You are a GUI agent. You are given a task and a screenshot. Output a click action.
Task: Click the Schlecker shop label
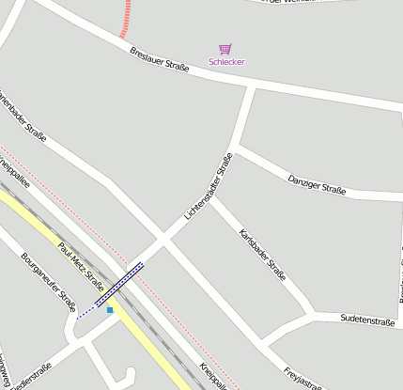click(225, 63)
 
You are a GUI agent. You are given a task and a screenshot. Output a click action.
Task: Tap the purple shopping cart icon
click(225, 48)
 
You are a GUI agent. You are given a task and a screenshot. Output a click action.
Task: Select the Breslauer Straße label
click(160, 58)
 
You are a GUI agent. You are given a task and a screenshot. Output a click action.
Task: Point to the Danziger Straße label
click(317, 183)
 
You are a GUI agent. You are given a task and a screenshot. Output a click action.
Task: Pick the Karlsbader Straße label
click(263, 255)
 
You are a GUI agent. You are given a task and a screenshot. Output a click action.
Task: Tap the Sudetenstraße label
click(367, 320)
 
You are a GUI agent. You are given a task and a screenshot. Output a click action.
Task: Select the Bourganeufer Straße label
click(47, 281)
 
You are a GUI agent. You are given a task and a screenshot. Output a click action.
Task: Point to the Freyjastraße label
click(302, 377)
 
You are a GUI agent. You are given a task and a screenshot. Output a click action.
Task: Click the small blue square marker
click(110, 310)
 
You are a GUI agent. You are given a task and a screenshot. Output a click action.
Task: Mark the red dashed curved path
click(125, 19)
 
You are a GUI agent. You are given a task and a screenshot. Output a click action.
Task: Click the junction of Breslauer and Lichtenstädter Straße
click(252, 87)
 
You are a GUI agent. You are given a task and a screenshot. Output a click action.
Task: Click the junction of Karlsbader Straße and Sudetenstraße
click(313, 313)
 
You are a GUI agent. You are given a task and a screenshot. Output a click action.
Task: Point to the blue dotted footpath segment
click(86, 311)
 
